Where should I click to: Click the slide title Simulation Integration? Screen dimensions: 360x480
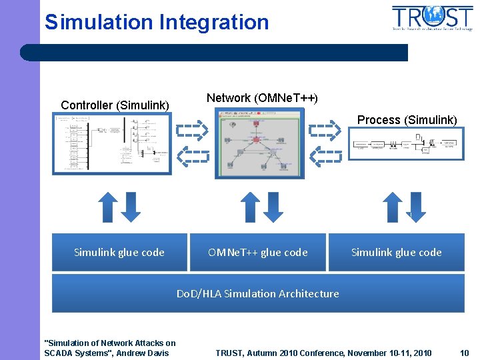(x=157, y=22)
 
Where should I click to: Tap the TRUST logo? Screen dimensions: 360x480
(x=432, y=18)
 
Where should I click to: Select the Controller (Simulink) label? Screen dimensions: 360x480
(x=115, y=105)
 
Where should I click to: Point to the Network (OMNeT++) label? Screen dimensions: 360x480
(x=262, y=98)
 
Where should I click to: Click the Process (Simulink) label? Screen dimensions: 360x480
(x=407, y=120)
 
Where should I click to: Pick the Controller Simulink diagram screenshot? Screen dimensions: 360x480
(x=112, y=143)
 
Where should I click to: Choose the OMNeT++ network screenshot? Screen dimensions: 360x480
(x=259, y=143)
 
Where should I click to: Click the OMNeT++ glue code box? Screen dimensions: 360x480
(x=258, y=252)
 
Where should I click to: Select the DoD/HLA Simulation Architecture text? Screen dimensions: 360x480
(x=258, y=293)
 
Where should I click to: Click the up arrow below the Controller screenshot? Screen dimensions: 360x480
(x=109, y=207)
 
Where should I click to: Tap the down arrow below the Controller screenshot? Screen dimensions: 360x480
(x=131, y=207)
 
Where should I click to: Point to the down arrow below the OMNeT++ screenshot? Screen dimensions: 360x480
(x=273, y=207)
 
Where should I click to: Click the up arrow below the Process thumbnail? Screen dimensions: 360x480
(x=393, y=207)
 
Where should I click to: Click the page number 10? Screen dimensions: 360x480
(x=465, y=353)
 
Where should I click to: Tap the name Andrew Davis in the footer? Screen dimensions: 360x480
(x=143, y=353)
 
